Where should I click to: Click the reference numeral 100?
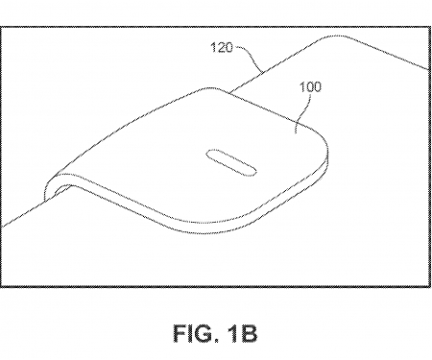click(x=309, y=85)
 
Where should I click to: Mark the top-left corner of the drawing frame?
click(x=4, y=3)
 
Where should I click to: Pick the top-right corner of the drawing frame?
click(x=428, y=3)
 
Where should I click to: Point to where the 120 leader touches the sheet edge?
click(x=262, y=73)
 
